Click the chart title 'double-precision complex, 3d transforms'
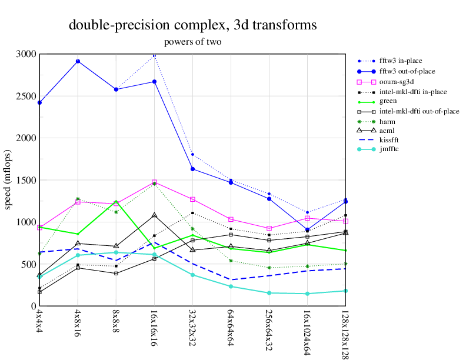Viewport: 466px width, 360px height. coord(192,25)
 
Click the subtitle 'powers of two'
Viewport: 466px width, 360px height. coord(192,42)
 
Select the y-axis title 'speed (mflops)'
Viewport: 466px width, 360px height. coord(8,180)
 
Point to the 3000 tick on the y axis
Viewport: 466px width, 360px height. coord(25,54)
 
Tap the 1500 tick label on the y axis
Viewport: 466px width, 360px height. coord(25,180)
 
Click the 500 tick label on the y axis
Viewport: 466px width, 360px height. coord(28,264)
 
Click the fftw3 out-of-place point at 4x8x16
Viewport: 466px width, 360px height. coord(78,61)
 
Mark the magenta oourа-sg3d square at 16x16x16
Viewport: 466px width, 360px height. coord(154,182)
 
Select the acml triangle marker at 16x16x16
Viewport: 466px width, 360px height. coord(154,215)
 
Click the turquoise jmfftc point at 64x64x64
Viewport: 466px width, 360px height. coord(231,286)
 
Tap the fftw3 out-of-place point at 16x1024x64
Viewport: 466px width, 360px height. coord(307,230)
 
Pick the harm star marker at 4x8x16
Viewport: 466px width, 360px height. coord(78,199)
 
